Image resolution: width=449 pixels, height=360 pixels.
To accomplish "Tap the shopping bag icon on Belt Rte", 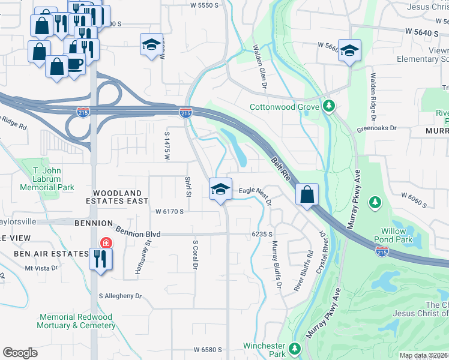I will click(307, 194).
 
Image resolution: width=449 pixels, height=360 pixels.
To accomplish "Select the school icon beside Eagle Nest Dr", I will click(220, 189).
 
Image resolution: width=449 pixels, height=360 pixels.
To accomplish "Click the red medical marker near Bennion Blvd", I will click(106, 242).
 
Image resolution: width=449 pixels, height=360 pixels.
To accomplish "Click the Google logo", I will click(20, 353).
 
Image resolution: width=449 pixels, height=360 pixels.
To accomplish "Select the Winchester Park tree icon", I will click(294, 349).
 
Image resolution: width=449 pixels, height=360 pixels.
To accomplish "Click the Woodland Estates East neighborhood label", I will click(120, 197).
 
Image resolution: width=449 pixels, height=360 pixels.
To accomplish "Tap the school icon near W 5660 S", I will click(348, 51).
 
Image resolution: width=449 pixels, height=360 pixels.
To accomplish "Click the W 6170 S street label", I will click(169, 211).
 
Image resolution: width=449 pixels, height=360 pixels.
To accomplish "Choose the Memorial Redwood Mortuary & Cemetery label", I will click(77, 321).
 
